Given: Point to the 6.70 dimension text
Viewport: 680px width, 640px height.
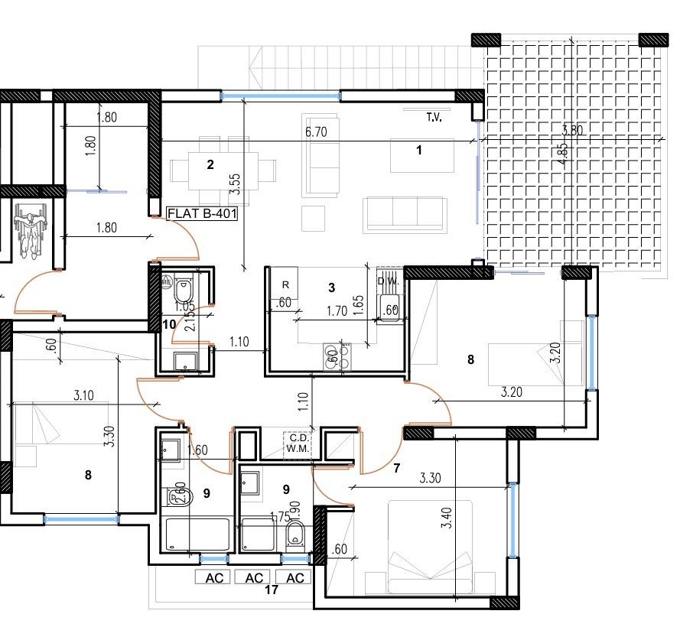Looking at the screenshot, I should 316,132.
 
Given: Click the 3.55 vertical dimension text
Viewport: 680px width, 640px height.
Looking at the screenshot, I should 235,186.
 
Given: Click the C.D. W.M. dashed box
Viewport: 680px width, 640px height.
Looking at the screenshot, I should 296,444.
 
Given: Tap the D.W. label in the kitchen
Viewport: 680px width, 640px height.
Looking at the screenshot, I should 389,281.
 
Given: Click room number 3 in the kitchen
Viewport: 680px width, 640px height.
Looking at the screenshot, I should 331,288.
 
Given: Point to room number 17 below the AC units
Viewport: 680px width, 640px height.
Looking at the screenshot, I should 270,590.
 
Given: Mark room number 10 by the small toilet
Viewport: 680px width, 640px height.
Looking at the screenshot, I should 169,324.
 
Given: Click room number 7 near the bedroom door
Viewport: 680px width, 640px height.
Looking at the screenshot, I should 395,468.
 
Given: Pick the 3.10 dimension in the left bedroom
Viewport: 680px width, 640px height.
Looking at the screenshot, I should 84,396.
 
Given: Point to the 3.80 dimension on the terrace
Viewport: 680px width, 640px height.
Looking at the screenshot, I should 571,131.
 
